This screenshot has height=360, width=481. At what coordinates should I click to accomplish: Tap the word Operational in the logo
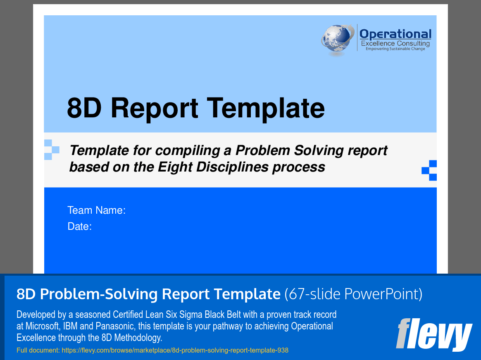coord(395,34)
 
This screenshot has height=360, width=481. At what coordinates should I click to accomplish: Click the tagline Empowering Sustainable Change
coord(395,49)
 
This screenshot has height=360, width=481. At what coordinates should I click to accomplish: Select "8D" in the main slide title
coord(84,108)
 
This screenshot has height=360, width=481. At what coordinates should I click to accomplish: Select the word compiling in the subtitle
coord(188,151)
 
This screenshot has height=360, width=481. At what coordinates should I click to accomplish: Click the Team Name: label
coord(96,210)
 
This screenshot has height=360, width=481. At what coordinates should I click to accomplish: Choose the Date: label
coord(79,226)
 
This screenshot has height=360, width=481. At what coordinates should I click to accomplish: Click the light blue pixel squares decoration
coord(52,150)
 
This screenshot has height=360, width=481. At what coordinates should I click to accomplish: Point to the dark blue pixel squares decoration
coord(429,170)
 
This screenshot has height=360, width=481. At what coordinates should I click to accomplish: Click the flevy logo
coord(434,334)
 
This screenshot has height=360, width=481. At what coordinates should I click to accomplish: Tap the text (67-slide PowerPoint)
coord(353,294)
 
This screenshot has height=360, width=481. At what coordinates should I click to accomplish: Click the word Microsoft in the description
coord(43,326)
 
